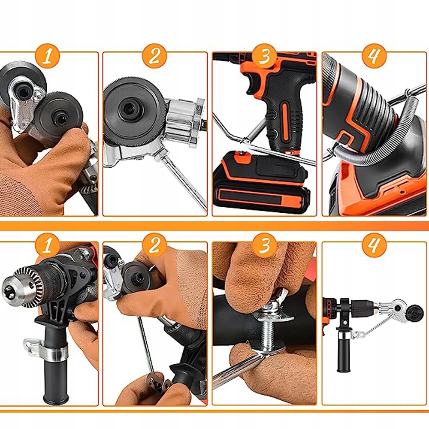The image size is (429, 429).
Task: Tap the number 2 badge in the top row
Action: [x=154, y=56]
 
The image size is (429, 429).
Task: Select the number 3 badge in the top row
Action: [x=264, y=56]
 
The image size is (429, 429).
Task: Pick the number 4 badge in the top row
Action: [x=374, y=55]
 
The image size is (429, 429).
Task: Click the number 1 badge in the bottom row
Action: [x=47, y=245]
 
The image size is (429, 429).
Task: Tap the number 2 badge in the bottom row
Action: [x=154, y=245]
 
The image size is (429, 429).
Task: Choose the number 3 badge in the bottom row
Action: [x=264, y=245]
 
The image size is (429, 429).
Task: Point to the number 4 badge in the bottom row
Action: [x=374, y=245]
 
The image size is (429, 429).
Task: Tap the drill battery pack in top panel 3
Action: [x=262, y=182]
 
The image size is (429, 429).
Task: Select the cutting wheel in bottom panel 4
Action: [x=416, y=311]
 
